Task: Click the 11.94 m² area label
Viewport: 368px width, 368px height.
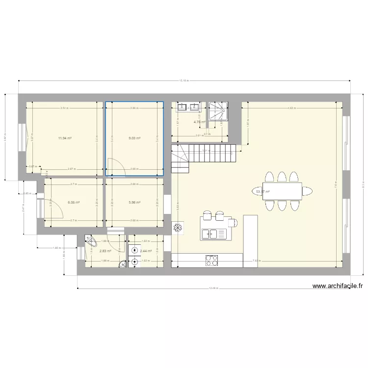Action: (64, 138)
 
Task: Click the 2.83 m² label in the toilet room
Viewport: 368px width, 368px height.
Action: (105, 251)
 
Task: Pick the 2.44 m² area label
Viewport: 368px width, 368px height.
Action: (145, 251)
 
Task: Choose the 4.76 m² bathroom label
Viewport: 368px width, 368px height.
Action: (199, 122)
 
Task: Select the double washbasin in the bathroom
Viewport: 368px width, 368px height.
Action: (188, 107)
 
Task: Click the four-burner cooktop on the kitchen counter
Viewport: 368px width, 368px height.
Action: (212, 260)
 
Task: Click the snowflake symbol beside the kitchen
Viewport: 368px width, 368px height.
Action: (178, 228)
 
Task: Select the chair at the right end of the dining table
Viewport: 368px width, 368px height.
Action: (309, 191)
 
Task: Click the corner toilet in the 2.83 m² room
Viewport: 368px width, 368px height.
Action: (91, 240)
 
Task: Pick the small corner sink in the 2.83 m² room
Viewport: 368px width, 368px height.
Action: (122, 264)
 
